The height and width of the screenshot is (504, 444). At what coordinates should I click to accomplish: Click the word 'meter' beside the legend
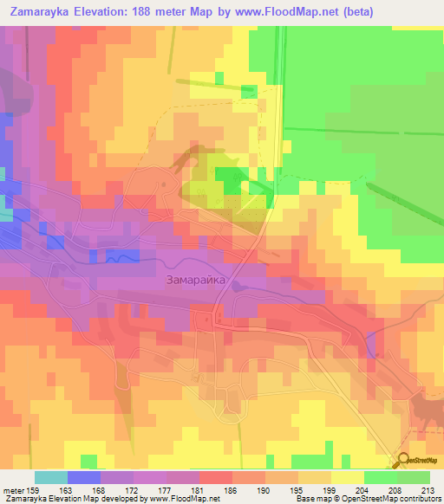[x=13, y=491]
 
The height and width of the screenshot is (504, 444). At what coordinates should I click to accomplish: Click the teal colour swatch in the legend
[x=51, y=477]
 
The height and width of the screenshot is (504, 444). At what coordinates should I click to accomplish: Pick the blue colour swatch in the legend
[x=84, y=477]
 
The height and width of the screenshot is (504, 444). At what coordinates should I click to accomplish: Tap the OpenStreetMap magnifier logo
[x=404, y=460]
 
